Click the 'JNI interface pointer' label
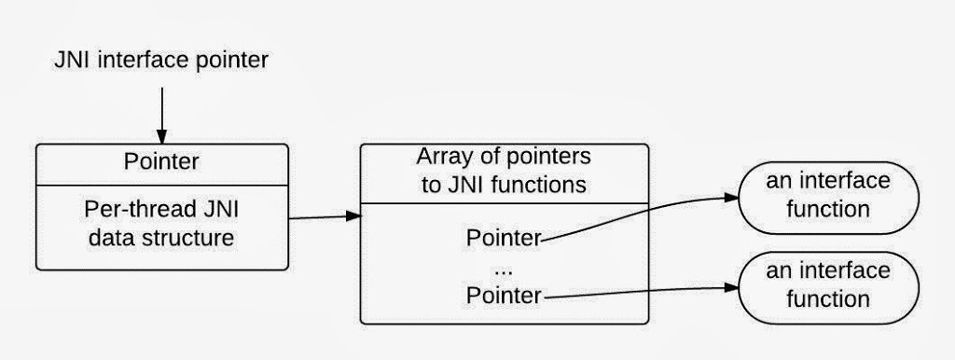point(161,62)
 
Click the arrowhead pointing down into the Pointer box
point(161,137)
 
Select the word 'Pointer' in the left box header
point(161,161)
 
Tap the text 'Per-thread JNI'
point(161,210)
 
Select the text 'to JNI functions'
point(504,184)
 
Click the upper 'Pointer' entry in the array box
point(504,238)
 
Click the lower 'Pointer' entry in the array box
point(504,297)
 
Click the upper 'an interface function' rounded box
point(828,195)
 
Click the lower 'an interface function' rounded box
point(828,285)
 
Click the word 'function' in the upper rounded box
point(828,209)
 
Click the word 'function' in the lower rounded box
point(828,299)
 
